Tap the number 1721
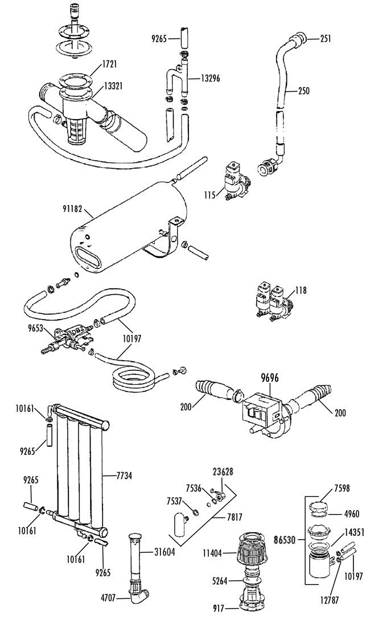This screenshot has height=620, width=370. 109,64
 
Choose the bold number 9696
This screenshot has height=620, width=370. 270,378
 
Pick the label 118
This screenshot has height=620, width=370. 301,291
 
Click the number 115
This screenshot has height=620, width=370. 210,195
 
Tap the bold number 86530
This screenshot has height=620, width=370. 285,539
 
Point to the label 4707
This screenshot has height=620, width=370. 108,598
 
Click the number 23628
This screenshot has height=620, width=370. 223,471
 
